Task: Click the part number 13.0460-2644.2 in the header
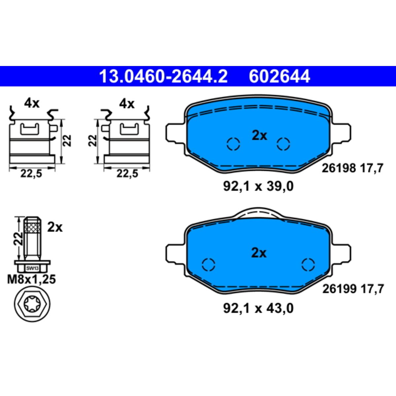coord(163,77)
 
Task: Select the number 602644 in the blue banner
coord(279,77)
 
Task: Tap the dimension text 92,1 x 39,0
coord(258,186)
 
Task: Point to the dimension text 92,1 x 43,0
coord(258,309)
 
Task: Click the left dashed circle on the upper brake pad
coord(233,144)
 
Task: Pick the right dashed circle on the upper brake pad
coord(283,144)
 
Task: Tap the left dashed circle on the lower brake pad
coord(209,264)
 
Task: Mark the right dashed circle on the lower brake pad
coord(308,264)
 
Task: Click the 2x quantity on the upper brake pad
coord(259,135)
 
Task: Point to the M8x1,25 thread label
coord(32,280)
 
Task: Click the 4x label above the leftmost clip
coord(32,104)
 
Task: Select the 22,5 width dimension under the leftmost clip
coord(31,174)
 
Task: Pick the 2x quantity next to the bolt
coord(54,227)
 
